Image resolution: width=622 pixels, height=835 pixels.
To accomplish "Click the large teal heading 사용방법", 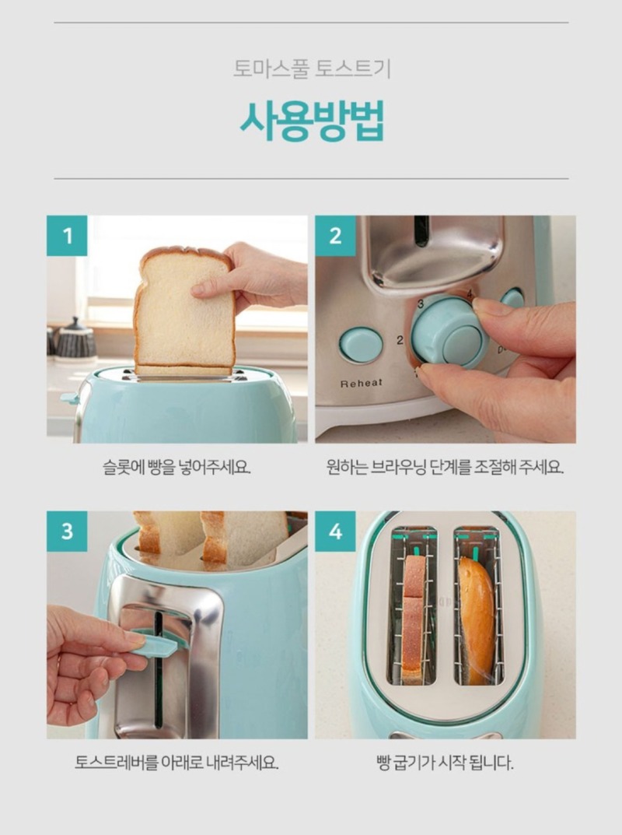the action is (x=311, y=121).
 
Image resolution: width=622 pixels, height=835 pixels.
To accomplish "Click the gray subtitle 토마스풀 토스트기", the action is (x=312, y=69).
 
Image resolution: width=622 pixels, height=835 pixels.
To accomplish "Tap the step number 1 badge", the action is (x=67, y=235).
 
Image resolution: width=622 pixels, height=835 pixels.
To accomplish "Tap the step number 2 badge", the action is (x=335, y=235).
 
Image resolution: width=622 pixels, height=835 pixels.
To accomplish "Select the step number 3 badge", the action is (x=67, y=531).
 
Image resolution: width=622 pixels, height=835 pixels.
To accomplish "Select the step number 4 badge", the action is (x=335, y=531).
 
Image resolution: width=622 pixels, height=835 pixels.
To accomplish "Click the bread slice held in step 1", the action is (x=183, y=311).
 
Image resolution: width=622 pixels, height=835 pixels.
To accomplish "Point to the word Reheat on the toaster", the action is (x=362, y=383).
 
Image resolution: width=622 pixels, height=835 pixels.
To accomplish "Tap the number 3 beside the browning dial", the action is (x=421, y=304).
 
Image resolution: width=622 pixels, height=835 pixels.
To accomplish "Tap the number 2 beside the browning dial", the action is (x=400, y=340).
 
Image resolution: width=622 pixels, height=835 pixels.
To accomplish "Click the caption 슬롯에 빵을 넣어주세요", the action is (x=176, y=468).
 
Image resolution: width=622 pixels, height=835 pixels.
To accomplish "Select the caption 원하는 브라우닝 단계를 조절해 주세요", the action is (x=445, y=468).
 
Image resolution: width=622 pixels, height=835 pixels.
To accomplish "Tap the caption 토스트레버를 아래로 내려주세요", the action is (x=176, y=763).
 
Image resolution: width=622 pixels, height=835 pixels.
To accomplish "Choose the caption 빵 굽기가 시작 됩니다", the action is (x=445, y=763).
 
